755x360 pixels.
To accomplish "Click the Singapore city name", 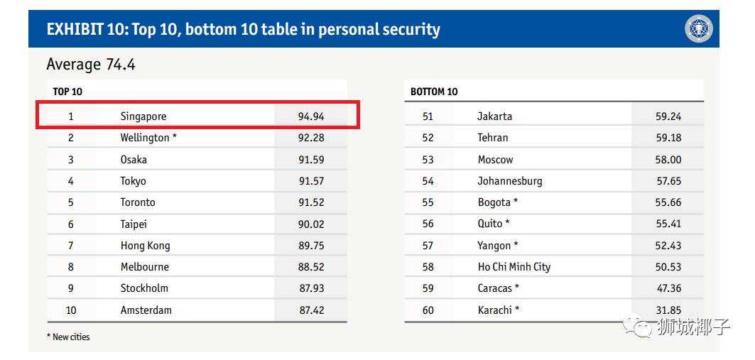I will click(x=143, y=116).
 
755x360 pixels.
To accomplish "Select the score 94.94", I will click(x=311, y=116).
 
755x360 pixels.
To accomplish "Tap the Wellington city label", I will click(x=145, y=138).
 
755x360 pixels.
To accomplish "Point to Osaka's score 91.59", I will click(x=311, y=160).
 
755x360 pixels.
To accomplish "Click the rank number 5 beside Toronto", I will click(x=70, y=202).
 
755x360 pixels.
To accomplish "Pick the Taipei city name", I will click(x=134, y=224).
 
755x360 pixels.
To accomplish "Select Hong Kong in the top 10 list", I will click(x=145, y=246).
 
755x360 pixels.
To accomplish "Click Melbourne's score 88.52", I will click(x=311, y=267).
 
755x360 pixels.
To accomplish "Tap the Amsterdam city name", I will click(x=146, y=310).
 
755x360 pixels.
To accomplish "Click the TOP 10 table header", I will click(x=67, y=92).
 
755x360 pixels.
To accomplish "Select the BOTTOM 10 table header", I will click(x=434, y=92).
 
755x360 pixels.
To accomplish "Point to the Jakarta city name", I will click(x=494, y=116).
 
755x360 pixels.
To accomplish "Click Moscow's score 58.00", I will click(x=668, y=160).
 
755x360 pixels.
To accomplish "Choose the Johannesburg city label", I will click(x=509, y=181).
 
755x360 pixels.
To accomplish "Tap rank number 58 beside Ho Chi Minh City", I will click(x=428, y=267).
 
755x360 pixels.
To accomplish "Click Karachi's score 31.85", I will click(x=668, y=310).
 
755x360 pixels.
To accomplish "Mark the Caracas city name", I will click(x=495, y=288).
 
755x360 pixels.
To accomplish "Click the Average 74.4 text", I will click(x=90, y=65).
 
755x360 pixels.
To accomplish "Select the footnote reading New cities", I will click(x=70, y=337).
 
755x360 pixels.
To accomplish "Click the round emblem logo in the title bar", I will click(x=698, y=29).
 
